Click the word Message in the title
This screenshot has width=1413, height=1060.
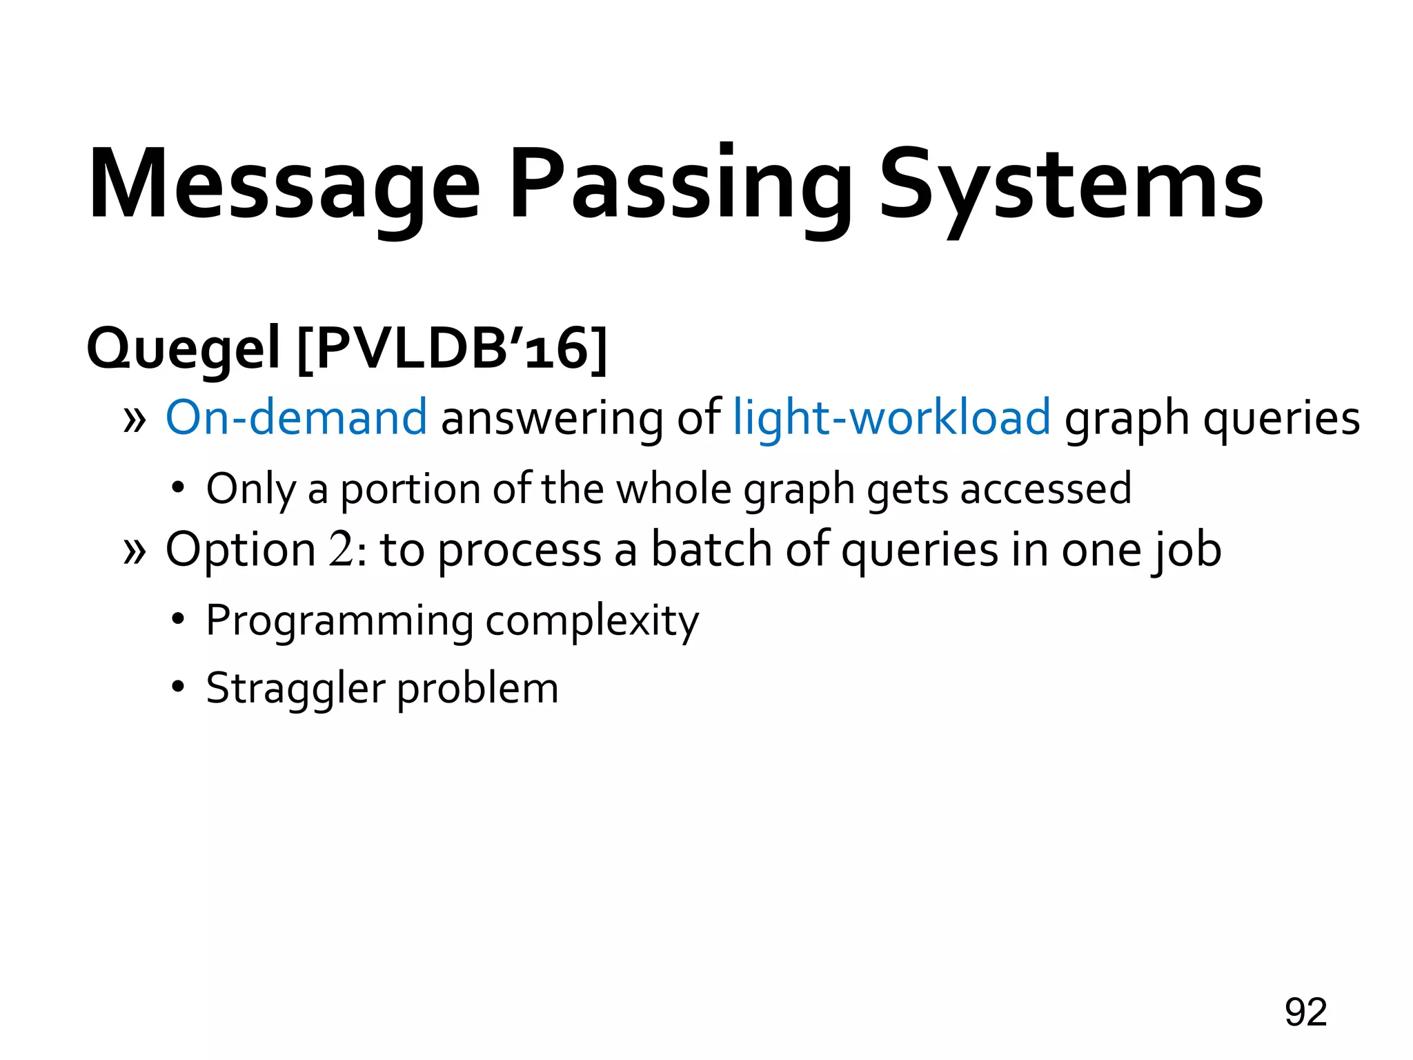coord(284,185)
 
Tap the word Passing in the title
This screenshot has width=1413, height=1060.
coord(680,185)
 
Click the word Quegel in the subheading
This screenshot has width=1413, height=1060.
coord(183,349)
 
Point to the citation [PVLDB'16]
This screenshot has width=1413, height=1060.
coord(452,348)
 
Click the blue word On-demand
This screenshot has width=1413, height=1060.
coord(296,418)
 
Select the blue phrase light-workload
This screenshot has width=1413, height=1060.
coord(891,418)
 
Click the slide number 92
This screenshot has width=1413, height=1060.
coord(1305,1012)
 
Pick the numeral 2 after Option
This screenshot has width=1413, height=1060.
coord(340,550)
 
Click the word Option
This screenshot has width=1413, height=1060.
coord(241,551)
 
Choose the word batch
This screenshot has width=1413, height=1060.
coord(711,549)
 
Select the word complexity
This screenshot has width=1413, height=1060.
coord(592,621)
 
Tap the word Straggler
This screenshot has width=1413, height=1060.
coord(295,689)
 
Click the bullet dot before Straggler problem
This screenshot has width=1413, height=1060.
coord(179,687)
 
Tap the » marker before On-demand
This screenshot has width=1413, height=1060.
coord(135,419)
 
